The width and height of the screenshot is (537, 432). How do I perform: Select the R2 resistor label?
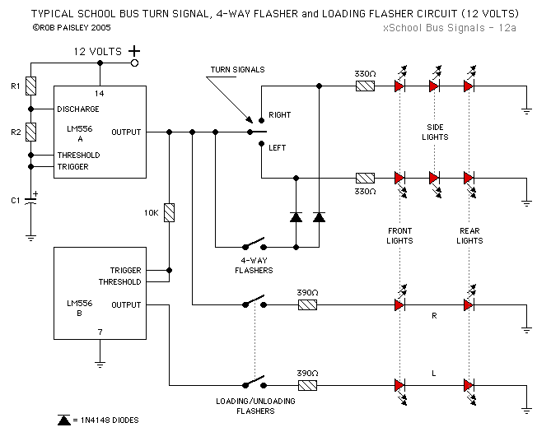[14, 131]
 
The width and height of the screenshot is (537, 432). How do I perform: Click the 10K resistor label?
[152, 212]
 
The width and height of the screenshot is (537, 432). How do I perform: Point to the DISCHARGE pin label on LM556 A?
[78, 109]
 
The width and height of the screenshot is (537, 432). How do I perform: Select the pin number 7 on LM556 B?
[100, 333]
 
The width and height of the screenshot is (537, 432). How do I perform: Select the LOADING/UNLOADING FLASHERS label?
[254, 404]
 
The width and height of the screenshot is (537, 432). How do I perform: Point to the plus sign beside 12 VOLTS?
[133, 51]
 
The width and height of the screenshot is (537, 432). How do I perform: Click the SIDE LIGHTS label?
[437, 132]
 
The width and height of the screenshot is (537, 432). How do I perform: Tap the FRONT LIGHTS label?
[400, 235]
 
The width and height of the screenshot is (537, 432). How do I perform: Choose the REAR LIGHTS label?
[469, 235]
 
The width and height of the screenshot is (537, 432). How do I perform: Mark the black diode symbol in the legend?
[63, 420]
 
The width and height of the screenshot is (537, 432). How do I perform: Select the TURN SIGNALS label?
[237, 70]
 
